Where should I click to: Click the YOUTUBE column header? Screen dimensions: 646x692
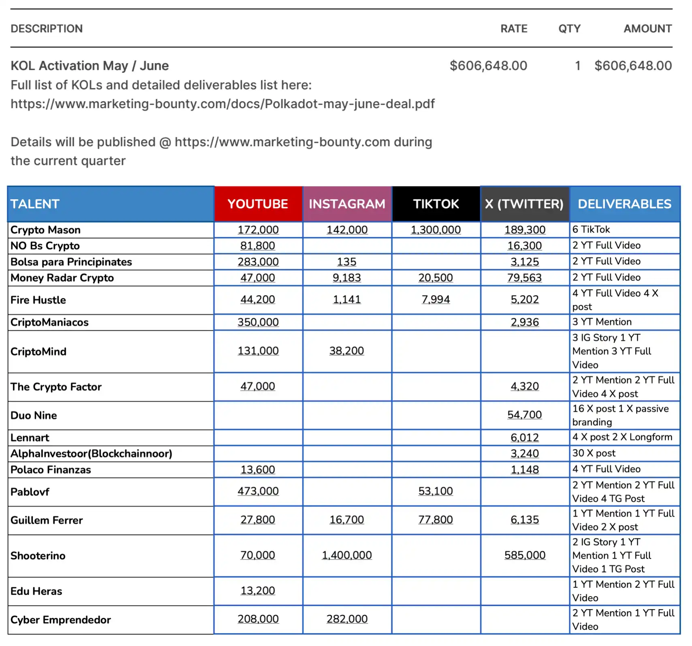click(258, 204)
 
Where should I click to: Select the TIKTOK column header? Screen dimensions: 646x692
click(436, 204)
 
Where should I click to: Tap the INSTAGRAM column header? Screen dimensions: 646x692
click(347, 204)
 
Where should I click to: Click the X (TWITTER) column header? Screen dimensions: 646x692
click(524, 204)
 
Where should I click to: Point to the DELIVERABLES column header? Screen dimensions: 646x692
click(624, 204)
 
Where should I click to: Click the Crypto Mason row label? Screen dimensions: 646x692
click(45, 230)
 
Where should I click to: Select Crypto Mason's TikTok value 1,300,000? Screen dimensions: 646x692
click(436, 230)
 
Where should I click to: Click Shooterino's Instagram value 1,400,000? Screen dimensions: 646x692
click(347, 555)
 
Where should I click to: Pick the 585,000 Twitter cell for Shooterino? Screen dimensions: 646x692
click(525, 555)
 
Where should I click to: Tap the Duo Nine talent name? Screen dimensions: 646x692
click(34, 415)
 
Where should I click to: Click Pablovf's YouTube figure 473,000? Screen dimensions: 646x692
click(258, 491)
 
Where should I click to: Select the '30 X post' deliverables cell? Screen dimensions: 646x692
click(594, 453)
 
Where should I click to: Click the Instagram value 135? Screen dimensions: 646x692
click(347, 262)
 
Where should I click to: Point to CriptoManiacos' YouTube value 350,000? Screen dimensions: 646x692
click(258, 322)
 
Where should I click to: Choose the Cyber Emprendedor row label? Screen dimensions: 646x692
click(60, 620)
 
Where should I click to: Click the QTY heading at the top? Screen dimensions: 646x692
click(569, 29)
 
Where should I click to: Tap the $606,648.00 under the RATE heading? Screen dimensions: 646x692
click(488, 66)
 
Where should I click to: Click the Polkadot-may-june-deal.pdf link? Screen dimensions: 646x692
click(222, 104)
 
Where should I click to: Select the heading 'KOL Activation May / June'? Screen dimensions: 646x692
click(90, 66)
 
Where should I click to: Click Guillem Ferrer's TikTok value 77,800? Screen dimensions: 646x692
click(436, 520)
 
